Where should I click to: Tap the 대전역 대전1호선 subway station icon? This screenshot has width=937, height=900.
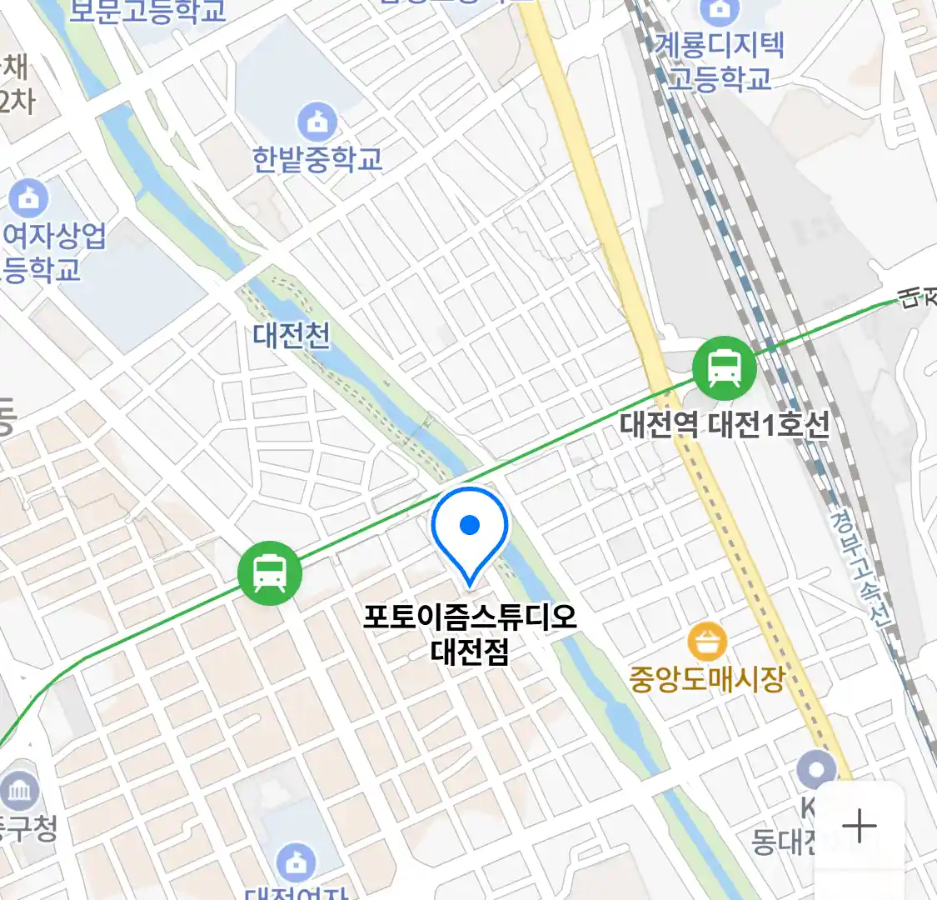724,367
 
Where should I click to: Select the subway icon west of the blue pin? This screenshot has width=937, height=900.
269,572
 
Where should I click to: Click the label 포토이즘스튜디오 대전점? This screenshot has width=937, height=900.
470,633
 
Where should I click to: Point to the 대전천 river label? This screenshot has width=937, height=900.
292,335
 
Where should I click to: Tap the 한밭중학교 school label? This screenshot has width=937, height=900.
317,158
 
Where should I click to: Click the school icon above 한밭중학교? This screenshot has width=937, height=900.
317,122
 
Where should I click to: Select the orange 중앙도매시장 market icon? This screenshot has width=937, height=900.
707,642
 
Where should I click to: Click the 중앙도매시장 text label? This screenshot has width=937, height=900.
707,678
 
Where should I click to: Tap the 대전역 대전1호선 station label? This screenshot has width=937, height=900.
725,425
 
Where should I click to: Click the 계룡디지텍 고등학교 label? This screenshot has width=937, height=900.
720,61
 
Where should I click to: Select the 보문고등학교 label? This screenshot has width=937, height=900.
147,11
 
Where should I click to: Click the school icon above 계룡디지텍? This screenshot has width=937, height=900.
719,11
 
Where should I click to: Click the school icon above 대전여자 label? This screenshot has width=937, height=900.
295,862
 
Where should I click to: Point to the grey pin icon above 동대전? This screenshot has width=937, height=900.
816,769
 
